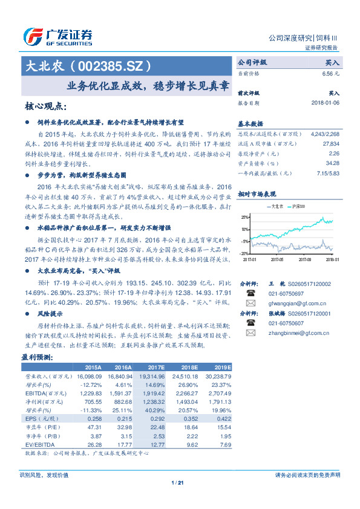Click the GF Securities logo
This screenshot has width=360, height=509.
coord(57,37)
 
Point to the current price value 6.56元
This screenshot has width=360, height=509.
coord(332,73)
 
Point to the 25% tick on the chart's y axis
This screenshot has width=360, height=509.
coord(244,217)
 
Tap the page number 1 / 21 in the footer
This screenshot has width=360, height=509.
coord(177,482)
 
